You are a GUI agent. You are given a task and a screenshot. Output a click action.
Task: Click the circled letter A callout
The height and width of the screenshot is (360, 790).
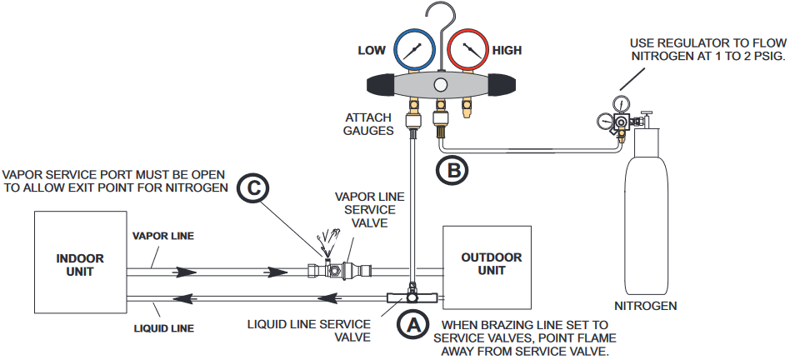click(412, 326)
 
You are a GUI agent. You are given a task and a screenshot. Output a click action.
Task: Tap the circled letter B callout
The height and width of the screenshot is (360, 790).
click(452, 170)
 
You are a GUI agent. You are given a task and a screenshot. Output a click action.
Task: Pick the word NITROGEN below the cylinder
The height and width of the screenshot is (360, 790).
click(645, 306)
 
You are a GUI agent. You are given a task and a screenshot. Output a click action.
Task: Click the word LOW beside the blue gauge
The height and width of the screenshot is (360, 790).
click(372, 50)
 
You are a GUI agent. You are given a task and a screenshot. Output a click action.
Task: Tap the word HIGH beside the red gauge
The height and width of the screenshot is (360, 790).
click(507, 50)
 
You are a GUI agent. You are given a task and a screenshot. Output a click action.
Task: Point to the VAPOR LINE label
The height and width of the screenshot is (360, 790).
click(162, 236)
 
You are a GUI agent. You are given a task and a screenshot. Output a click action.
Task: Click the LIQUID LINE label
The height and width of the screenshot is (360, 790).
click(163, 329)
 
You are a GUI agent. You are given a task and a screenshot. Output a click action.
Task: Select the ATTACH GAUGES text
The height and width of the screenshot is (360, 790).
click(368, 124)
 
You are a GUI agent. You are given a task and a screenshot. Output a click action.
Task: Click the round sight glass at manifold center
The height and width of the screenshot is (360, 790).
click(441, 85)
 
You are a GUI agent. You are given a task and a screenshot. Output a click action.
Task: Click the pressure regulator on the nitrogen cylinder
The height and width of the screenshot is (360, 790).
click(620, 119)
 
